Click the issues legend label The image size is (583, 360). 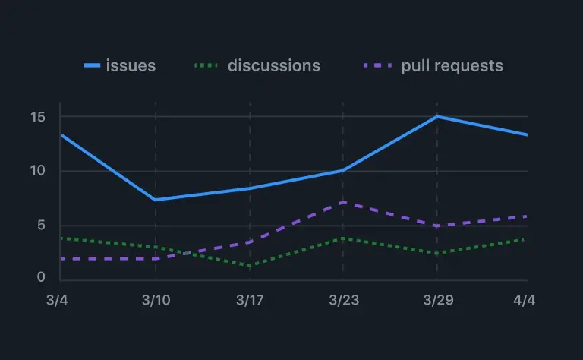[x=131, y=65]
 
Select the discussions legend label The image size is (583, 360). [x=273, y=65]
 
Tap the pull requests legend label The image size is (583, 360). [x=452, y=65]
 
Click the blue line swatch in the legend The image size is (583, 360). [x=92, y=66]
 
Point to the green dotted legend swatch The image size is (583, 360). [x=206, y=66]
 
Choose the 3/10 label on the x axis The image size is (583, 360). [x=156, y=300]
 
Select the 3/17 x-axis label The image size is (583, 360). [x=250, y=300]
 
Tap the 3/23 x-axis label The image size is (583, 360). [x=343, y=300]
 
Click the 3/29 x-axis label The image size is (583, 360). [x=437, y=300]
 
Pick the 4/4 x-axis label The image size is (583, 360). [x=524, y=300]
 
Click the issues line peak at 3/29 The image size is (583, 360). [x=437, y=116]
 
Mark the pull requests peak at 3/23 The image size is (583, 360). [x=343, y=202]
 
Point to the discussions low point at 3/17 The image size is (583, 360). [x=250, y=265]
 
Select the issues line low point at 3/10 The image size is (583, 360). [x=156, y=200]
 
